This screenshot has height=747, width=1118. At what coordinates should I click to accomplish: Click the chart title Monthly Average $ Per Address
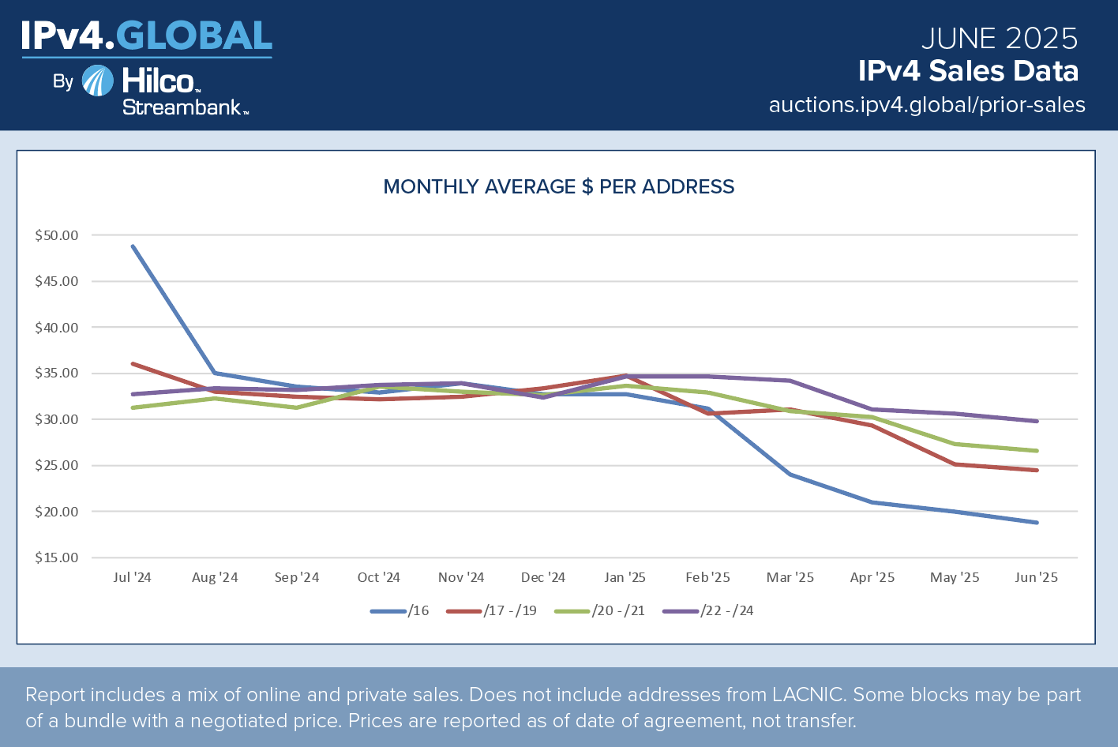[558, 187]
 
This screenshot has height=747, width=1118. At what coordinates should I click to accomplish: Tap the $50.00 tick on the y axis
[57, 235]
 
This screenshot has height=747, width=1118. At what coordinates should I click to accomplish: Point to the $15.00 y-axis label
[57, 557]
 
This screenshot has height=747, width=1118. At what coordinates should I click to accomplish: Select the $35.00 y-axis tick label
[57, 373]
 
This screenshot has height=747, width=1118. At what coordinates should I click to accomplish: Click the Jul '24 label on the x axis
[132, 577]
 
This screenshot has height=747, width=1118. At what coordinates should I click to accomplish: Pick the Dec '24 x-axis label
[543, 577]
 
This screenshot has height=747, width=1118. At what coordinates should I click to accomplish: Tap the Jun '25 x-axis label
[1036, 577]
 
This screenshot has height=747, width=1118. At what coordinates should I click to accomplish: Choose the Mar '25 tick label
[790, 577]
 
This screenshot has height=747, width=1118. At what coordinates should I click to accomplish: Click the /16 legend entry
[400, 611]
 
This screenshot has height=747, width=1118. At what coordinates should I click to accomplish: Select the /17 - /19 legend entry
[492, 611]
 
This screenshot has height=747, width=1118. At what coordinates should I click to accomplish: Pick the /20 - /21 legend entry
[600, 611]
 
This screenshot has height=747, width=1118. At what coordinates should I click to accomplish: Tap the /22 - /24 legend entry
[709, 611]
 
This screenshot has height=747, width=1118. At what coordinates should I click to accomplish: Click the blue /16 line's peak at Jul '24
[133, 246]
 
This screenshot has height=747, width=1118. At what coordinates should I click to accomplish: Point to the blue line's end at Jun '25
[1037, 523]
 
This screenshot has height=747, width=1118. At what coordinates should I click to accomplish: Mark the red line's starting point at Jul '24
[133, 364]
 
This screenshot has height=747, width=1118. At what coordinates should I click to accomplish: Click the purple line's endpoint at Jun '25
[1037, 421]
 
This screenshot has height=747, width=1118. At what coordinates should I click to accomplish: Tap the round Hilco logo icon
[98, 81]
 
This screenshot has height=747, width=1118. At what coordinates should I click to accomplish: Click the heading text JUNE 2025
[999, 39]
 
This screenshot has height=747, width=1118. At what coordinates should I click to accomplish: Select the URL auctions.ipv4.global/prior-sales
[927, 105]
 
